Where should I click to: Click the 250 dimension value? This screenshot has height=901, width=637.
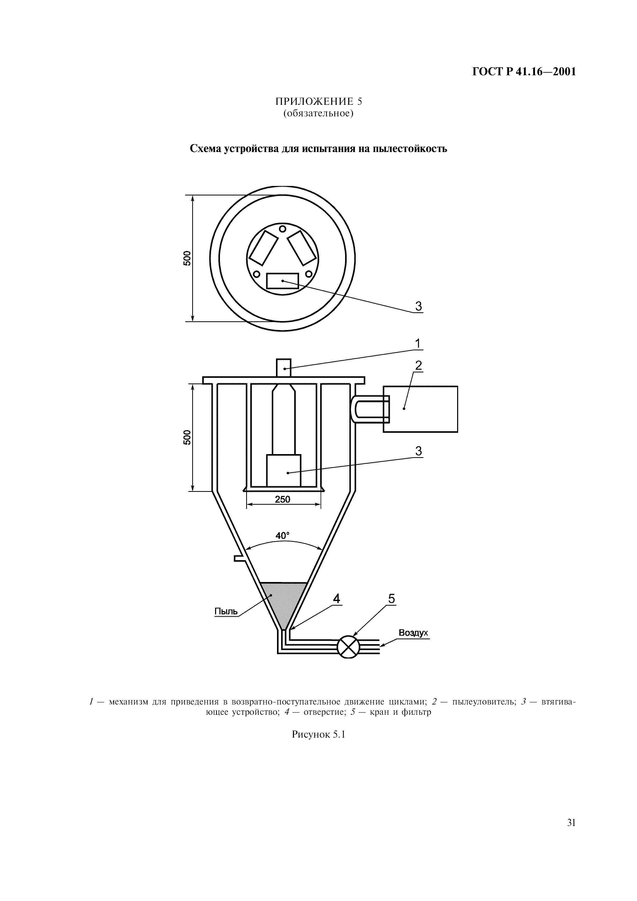point(283,500)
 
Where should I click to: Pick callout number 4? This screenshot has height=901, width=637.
point(336,598)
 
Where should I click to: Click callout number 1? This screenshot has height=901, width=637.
point(418,343)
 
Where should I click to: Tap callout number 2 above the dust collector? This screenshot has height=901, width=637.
point(418,366)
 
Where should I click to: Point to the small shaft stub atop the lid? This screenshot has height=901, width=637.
point(284,368)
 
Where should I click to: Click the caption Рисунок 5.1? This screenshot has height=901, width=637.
point(318,735)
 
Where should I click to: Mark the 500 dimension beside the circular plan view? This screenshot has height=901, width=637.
point(187,258)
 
